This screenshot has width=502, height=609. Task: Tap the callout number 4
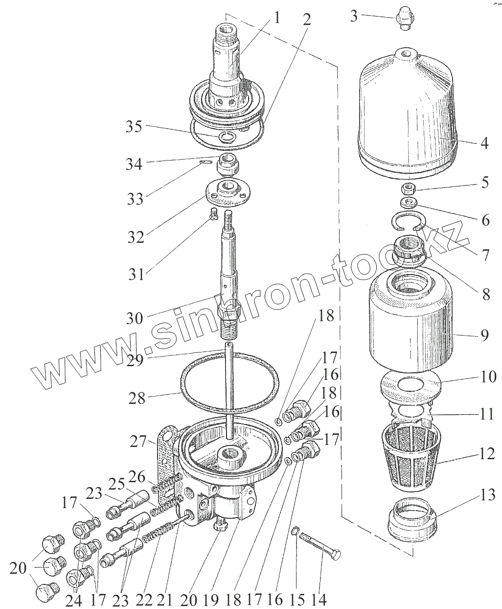(484, 144)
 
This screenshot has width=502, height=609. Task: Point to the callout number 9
(484, 336)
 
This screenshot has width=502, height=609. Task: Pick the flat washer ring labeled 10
(411, 385)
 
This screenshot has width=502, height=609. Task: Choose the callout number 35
(133, 127)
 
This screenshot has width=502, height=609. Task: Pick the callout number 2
(306, 20)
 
